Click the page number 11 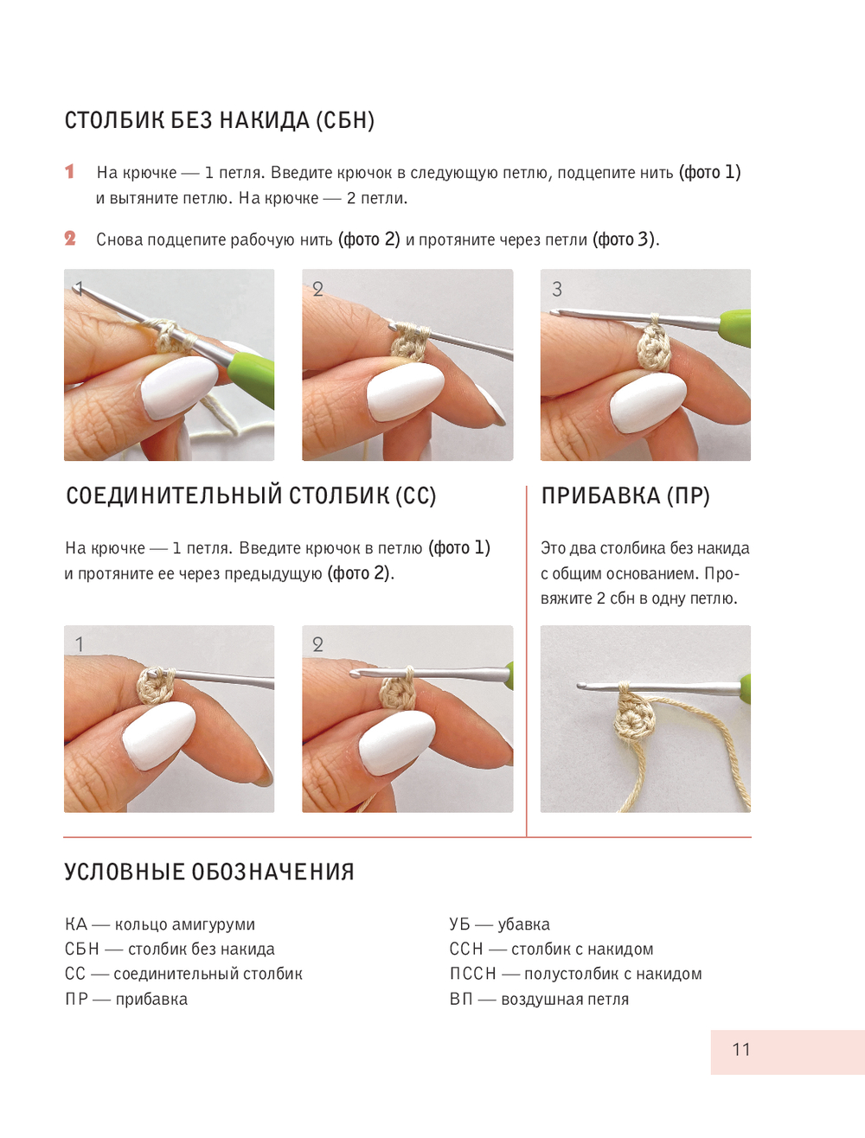pyautogui.click(x=741, y=1050)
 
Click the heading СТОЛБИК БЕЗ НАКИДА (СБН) pyautogui.click(x=220, y=120)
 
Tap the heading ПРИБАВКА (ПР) pyautogui.click(x=625, y=495)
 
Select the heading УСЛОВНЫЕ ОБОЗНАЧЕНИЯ pyautogui.click(x=209, y=872)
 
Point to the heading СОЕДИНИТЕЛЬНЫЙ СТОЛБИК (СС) pyautogui.click(x=251, y=495)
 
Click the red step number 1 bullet pyautogui.click(x=70, y=171)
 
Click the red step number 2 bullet pyautogui.click(x=70, y=238)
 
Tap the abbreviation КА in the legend pyautogui.click(x=76, y=924)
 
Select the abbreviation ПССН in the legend pyautogui.click(x=472, y=974)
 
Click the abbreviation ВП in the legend pyautogui.click(x=461, y=999)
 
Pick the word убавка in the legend pyautogui.click(x=524, y=924)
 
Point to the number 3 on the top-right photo pyautogui.click(x=557, y=290)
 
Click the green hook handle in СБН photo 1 pyautogui.click(x=252, y=371)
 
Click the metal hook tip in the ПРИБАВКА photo pyautogui.click(x=584, y=686)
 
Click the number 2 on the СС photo pyautogui.click(x=317, y=644)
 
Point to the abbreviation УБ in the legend pyautogui.click(x=459, y=924)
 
